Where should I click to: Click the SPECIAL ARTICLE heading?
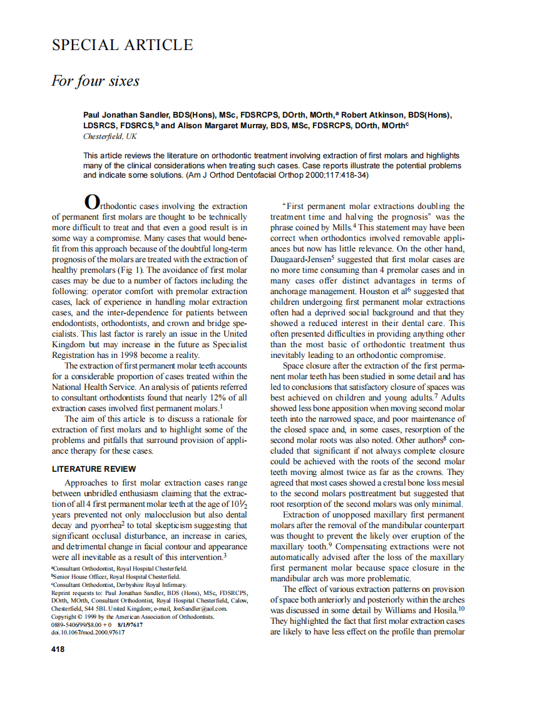tap(122, 45)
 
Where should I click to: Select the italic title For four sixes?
tap(95, 81)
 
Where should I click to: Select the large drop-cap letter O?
tap(91, 202)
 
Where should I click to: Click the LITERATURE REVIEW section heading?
tap(93, 469)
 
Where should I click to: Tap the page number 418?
tap(58, 649)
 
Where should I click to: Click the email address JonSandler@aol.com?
tap(202, 608)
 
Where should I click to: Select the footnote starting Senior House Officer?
tap(116, 576)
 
